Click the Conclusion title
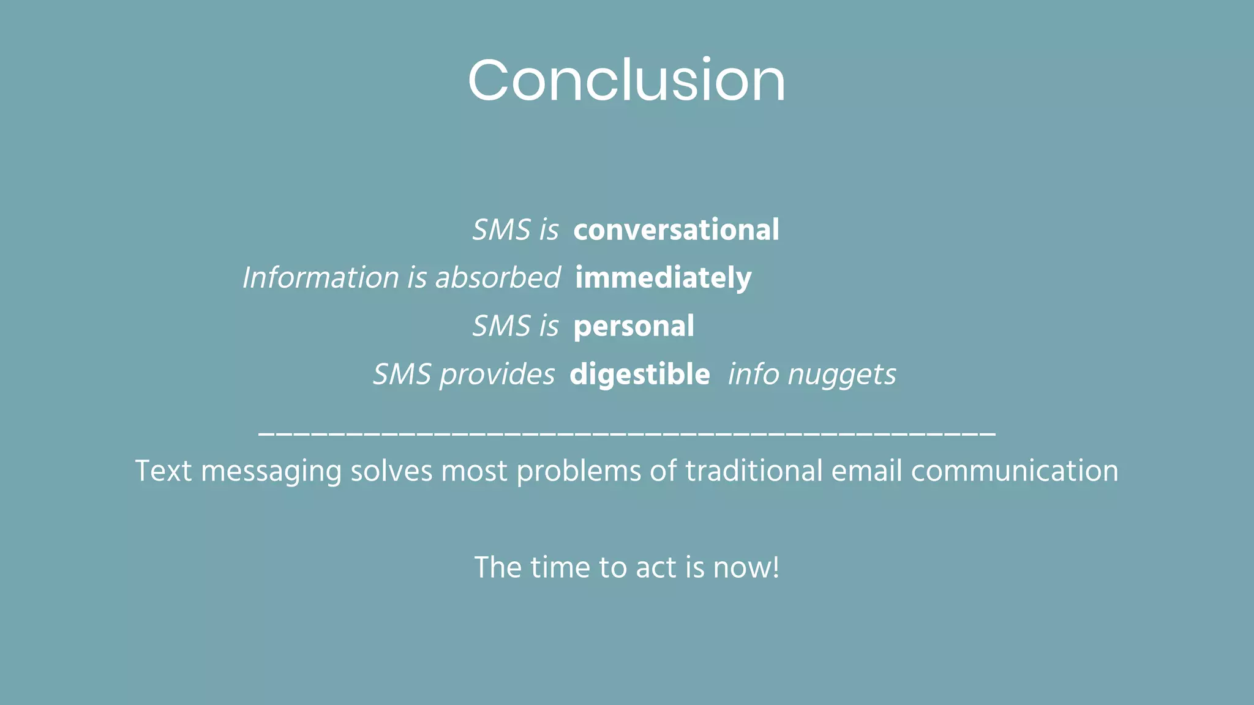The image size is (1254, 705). [x=626, y=80]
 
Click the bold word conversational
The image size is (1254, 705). [x=676, y=230]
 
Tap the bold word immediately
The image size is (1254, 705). [x=663, y=278]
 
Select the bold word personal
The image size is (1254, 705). [x=634, y=326]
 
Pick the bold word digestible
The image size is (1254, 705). [x=639, y=374]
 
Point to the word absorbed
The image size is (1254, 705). [x=497, y=278]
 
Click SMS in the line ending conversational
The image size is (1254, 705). [x=501, y=230]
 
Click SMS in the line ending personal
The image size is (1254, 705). [x=501, y=326]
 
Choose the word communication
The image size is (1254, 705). [x=1015, y=471]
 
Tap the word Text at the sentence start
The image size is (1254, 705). [x=163, y=471]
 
